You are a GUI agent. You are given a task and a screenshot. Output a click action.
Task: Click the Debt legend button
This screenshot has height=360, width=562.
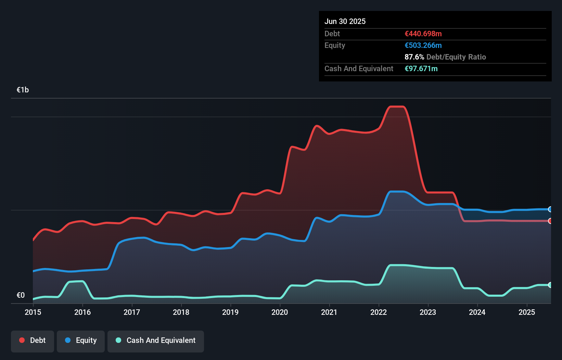coord(33,340)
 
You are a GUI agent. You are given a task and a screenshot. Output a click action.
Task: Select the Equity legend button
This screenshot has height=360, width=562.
coord(81,340)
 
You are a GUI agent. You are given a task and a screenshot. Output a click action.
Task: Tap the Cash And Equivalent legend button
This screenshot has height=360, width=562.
coord(156,340)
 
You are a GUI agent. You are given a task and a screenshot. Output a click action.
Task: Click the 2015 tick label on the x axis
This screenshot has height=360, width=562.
coord(33,312)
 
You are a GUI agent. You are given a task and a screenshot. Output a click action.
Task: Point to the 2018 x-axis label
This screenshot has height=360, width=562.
coord(181,312)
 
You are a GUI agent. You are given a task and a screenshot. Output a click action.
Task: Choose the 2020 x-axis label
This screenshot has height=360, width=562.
coord(280,312)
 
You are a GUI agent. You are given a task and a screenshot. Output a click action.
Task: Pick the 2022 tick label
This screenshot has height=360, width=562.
coord(379,312)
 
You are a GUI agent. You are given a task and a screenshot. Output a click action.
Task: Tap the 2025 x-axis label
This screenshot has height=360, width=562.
coord(527,312)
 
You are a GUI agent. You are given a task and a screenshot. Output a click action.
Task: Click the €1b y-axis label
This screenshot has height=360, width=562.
coord(23,90)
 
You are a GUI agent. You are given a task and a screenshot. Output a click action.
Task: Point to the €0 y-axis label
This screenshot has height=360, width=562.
coord(21,295)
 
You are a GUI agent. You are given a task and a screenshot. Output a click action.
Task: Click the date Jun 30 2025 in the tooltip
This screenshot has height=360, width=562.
coord(345,22)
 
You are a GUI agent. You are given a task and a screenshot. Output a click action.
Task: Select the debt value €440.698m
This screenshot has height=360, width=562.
coord(423,34)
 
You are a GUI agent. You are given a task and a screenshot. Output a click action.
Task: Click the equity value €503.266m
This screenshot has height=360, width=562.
coord(423,46)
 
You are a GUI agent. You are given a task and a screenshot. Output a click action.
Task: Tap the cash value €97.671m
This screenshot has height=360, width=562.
coord(421,69)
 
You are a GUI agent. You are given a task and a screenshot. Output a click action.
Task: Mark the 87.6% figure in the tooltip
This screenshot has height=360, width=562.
coord(414,57)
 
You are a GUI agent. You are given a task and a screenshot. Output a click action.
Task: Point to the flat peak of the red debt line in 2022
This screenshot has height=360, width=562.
coord(397,107)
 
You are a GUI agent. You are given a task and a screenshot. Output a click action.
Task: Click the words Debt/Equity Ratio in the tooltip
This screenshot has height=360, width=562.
coord(456,57)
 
